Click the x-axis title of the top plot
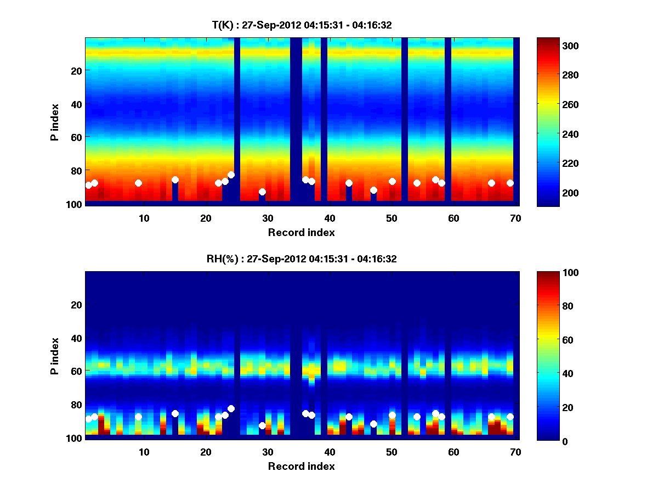coord(301,232)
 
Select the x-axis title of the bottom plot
coord(301,466)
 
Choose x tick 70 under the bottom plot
coord(515,452)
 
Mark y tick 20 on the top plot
coord(76,70)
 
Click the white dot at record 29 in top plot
coord(262,192)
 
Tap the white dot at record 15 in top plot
coord(175,179)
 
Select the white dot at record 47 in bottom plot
coord(373,424)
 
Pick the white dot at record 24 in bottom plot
coord(231,408)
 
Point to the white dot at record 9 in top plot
coord(138,183)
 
